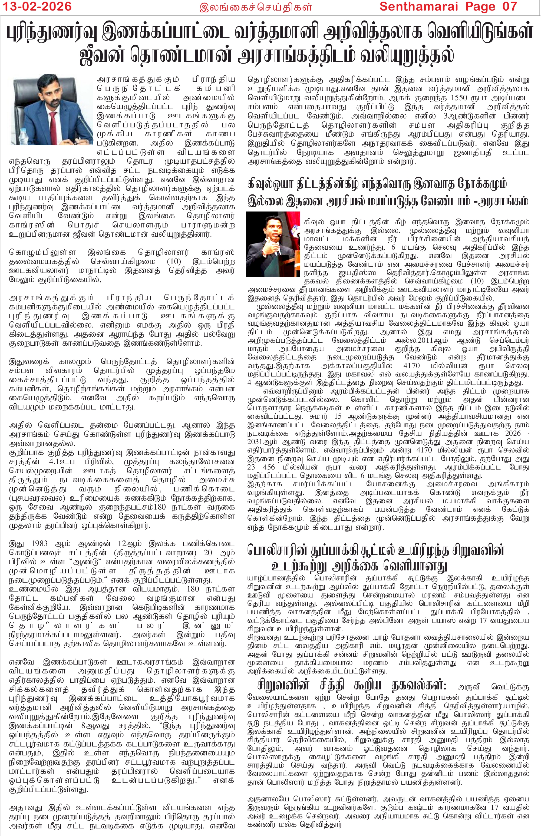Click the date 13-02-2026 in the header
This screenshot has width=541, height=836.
coord(36,6)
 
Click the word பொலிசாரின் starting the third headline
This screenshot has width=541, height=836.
coord(274,550)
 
